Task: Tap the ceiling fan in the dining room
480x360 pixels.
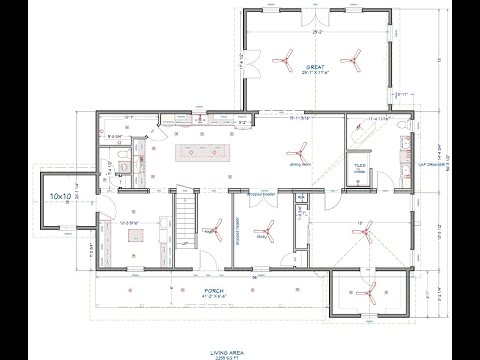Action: [x=295, y=146]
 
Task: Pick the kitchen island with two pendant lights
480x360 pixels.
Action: [x=205, y=152]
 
